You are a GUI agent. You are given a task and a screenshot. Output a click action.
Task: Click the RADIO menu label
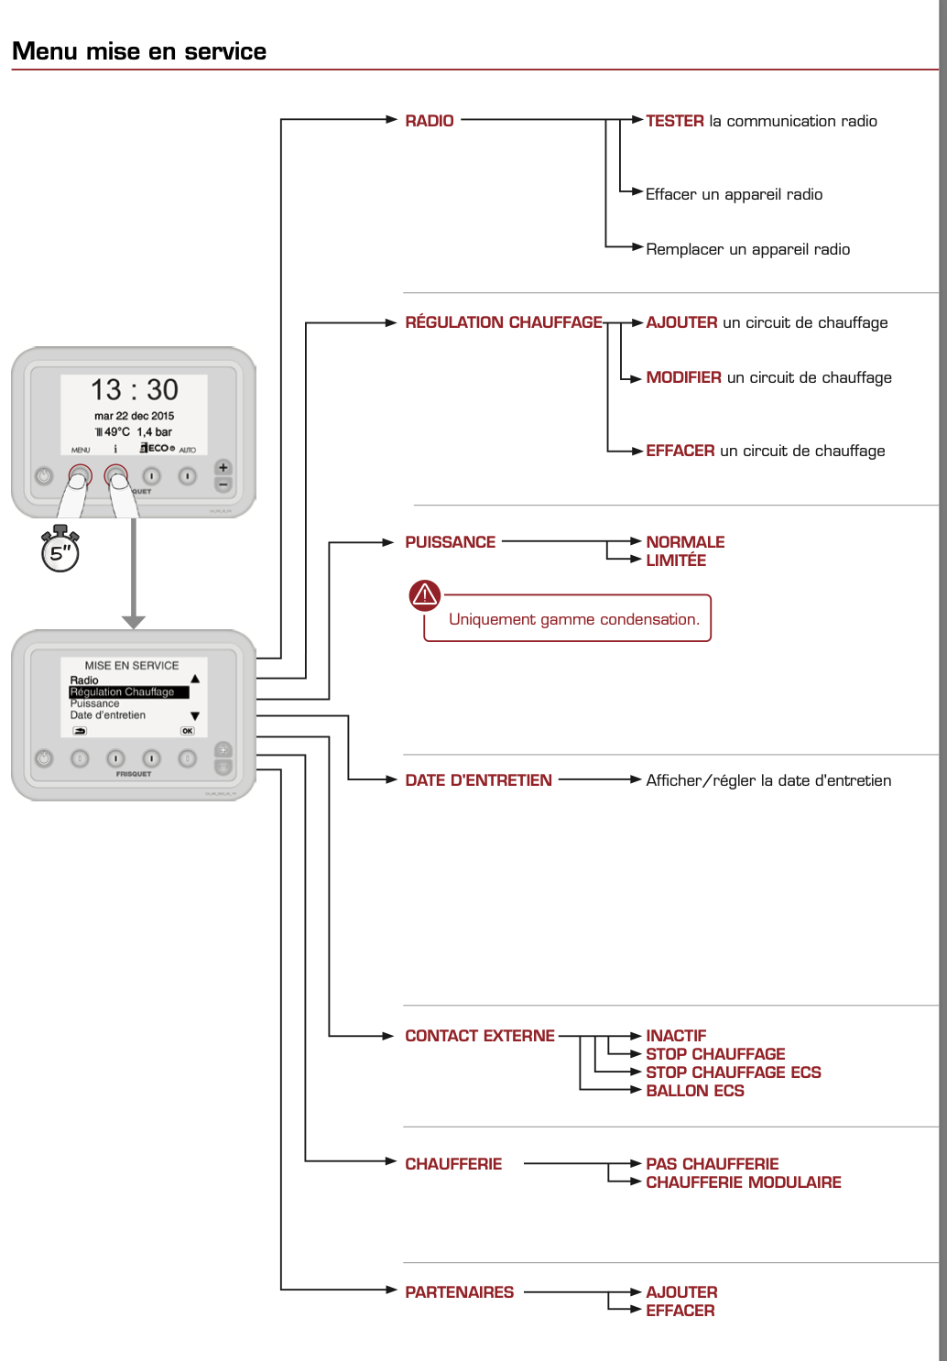(429, 121)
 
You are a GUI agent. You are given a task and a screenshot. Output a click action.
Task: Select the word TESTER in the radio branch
(675, 121)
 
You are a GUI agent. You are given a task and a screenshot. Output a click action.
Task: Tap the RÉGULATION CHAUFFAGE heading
(504, 322)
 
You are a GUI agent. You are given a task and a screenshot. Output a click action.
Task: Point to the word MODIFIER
(683, 377)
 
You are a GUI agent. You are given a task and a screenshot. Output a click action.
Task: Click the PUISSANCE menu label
(450, 542)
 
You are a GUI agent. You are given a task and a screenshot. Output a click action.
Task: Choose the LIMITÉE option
(676, 561)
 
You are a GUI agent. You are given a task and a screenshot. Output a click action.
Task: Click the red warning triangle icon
(425, 595)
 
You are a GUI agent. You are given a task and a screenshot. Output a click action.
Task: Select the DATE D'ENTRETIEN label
(478, 780)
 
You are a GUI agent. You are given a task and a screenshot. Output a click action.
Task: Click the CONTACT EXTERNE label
(480, 1036)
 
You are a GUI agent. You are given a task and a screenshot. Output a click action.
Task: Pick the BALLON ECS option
(695, 1091)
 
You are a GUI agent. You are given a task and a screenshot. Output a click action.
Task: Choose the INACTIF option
(676, 1036)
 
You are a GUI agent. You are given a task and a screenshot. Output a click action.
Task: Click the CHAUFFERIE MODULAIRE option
(743, 1182)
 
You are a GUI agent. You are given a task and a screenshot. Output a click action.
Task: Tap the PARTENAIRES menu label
(459, 1292)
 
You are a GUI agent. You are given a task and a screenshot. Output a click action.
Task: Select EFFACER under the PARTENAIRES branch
(680, 1311)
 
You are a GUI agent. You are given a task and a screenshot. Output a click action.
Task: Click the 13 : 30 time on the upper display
(134, 390)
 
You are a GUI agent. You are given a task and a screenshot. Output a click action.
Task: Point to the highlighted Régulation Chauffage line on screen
(128, 692)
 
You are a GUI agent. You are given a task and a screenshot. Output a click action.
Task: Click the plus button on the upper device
(223, 468)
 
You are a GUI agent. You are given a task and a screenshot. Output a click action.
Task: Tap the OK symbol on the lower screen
(187, 731)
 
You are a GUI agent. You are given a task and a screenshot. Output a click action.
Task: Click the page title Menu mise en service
(139, 51)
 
